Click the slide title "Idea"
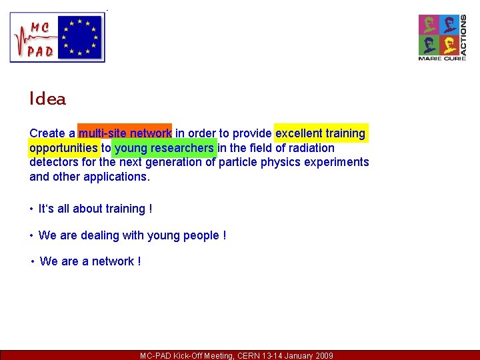tap(47, 99)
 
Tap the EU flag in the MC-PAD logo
tap(80, 37)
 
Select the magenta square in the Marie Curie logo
tap(428, 25)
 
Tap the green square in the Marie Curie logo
tap(428, 45)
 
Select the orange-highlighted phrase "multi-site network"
tap(125, 133)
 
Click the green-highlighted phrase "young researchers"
tap(164, 148)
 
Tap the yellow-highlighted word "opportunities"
tap(63, 148)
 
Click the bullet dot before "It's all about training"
tap(31, 209)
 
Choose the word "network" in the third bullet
tap(113, 261)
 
